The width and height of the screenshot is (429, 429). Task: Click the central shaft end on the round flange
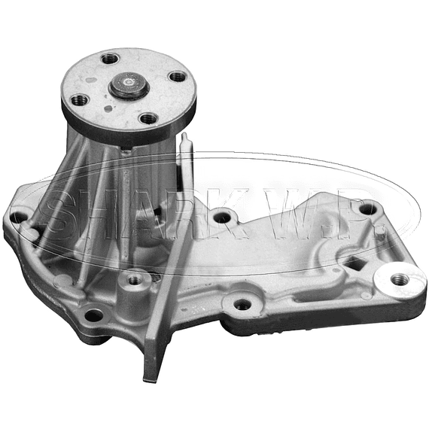[x=129, y=84]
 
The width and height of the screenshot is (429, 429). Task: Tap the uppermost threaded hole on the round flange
[x=110, y=59]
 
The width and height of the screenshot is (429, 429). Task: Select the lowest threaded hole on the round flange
[x=149, y=119]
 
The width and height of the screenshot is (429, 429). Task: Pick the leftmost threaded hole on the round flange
[x=80, y=99]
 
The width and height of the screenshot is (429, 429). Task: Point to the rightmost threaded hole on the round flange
[x=178, y=76]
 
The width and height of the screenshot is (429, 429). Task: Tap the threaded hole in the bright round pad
[x=400, y=279]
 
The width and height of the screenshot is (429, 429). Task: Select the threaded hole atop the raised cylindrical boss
[x=135, y=279]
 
